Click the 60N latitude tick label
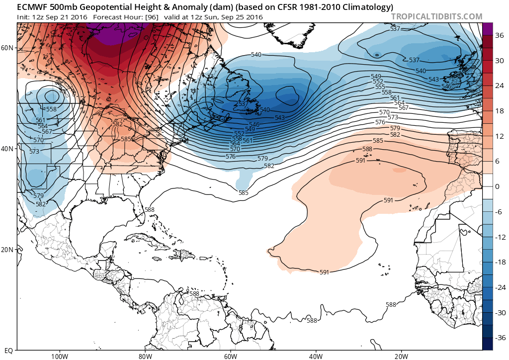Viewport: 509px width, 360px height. tap(7, 48)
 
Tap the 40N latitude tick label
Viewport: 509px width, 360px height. tap(7, 149)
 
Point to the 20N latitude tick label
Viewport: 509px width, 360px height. tap(7, 250)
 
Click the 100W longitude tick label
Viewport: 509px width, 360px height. tap(59, 356)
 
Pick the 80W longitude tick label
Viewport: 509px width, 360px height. tap(145, 356)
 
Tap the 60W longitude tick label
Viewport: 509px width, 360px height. tap(230, 356)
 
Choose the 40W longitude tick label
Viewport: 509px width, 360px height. tap(316, 356)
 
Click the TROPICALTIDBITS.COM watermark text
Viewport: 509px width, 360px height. tap(436, 16)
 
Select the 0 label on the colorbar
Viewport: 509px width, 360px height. tap(498, 186)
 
